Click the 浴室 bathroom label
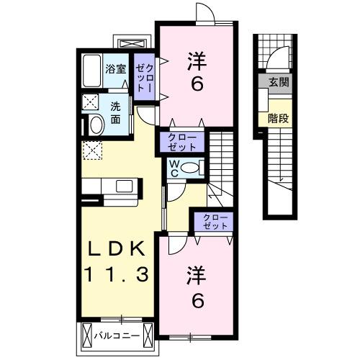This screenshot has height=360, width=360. point(115,70)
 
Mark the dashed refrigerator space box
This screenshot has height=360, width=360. point(92,150)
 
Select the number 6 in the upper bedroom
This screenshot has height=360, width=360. point(195,84)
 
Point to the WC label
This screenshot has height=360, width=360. point(175,168)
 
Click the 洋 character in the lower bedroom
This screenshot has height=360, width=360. point(195,274)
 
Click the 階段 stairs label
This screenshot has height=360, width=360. point(279,118)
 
